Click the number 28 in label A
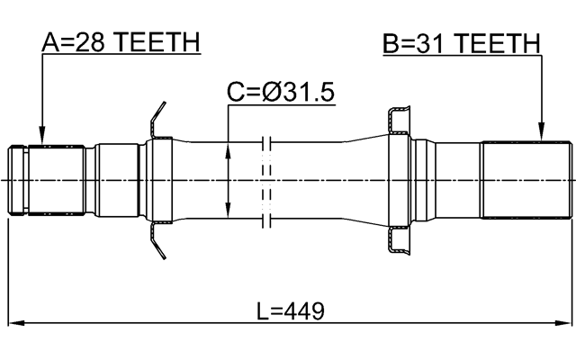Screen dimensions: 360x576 click(86, 42)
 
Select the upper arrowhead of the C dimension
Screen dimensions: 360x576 click(229, 148)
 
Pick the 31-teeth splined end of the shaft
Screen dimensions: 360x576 click(526, 179)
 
